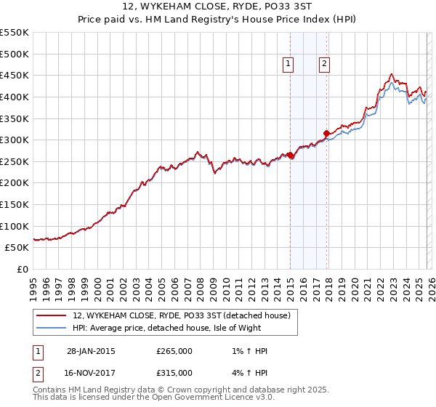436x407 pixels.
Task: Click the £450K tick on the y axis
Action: pyautogui.click(x=15, y=75)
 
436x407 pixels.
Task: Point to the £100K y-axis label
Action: pyautogui.click(x=15, y=226)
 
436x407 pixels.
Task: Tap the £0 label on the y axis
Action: pyautogui.click(x=23, y=269)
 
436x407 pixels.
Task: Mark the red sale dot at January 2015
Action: pyautogui.click(x=290, y=155)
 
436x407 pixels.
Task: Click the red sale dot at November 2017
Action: pyautogui.click(x=326, y=133)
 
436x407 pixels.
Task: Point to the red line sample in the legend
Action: pyautogui.click(x=52, y=315)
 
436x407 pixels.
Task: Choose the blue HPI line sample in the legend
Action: pyautogui.click(x=52, y=328)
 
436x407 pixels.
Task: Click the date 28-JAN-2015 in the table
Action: pyautogui.click(x=90, y=351)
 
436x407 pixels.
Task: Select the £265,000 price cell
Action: pyautogui.click(x=174, y=351)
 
